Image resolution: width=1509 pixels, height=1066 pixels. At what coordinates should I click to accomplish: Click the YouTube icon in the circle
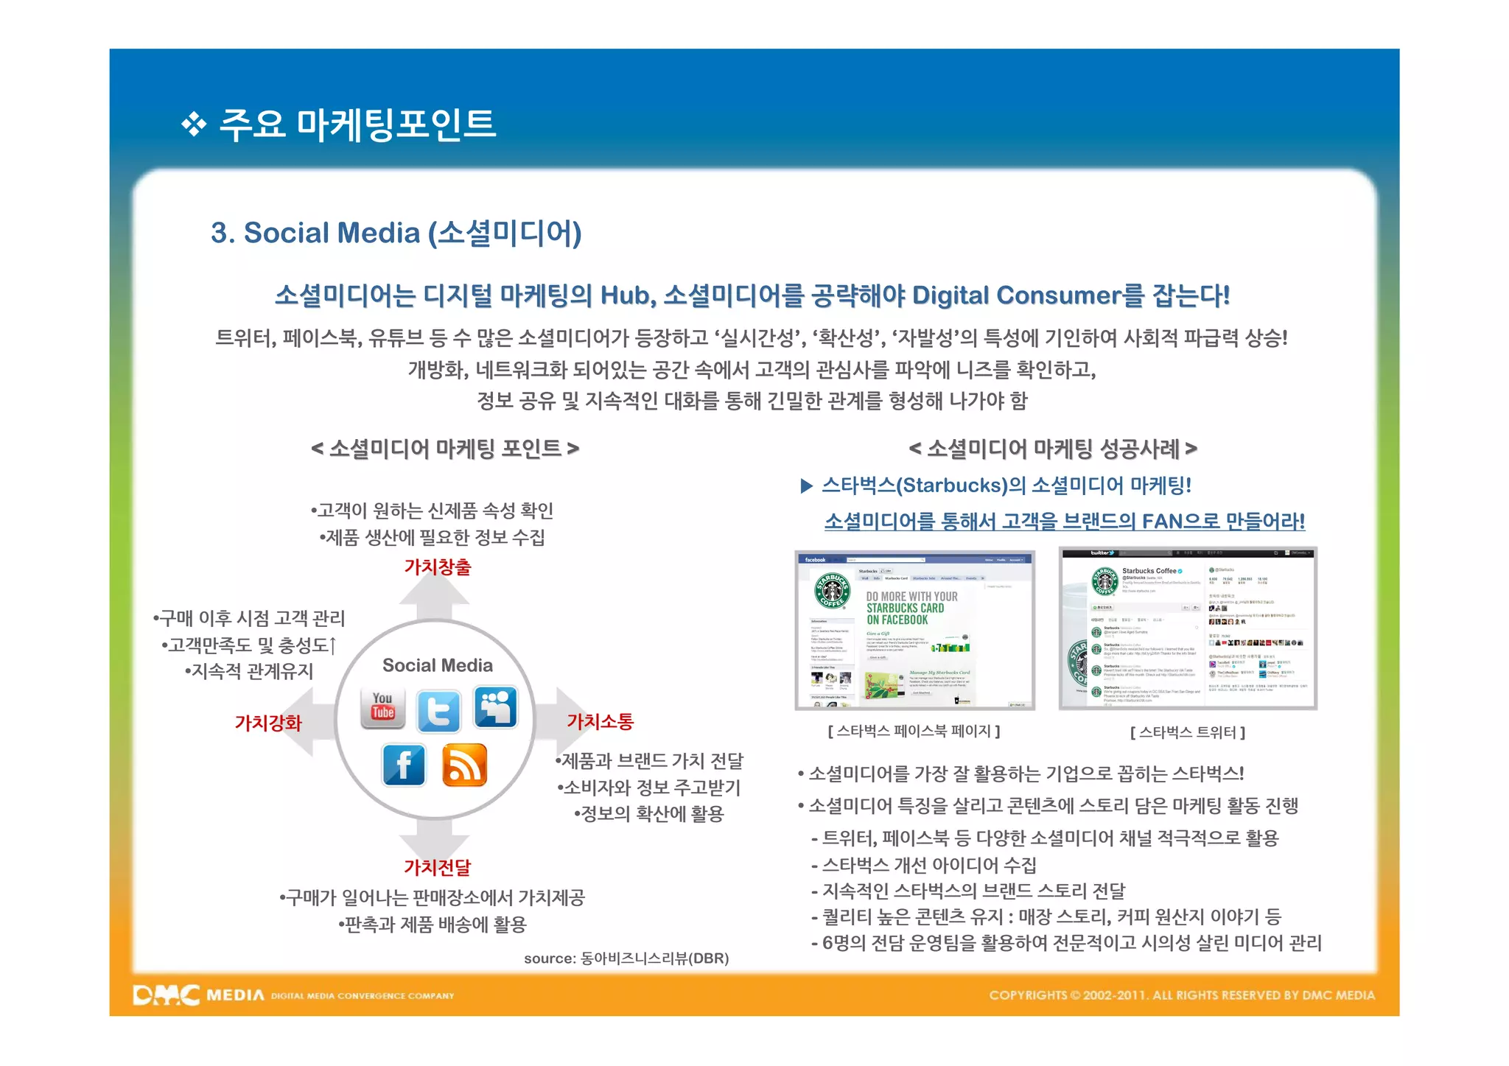click(382, 708)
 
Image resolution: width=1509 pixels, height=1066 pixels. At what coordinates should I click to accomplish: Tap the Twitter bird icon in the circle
click(438, 711)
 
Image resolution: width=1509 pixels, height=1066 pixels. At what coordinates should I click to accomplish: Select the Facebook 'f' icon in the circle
click(404, 765)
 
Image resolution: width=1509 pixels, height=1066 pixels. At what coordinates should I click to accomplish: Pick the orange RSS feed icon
click(464, 765)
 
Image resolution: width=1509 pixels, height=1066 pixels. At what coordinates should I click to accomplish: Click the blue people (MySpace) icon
click(495, 707)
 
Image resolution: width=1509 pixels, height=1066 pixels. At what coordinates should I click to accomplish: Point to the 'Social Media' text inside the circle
click(437, 665)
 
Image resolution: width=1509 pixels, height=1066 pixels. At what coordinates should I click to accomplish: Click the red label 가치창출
click(437, 567)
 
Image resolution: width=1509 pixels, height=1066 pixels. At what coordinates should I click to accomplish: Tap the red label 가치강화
click(268, 723)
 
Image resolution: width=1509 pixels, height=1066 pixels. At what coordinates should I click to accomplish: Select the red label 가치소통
click(600, 721)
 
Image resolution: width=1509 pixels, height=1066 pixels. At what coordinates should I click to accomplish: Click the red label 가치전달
click(437, 867)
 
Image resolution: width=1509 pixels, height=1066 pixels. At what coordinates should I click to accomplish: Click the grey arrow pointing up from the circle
click(435, 597)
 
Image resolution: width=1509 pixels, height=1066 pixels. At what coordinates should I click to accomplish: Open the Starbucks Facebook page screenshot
click(914, 631)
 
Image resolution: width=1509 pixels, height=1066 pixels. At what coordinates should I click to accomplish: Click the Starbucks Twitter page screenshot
click(1187, 628)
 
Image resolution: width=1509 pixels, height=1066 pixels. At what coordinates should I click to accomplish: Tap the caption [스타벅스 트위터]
click(1187, 732)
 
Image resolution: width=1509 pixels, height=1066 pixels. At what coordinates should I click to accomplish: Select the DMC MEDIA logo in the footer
click(198, 995)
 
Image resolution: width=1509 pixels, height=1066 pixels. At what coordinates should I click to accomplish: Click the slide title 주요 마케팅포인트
click(357, 124)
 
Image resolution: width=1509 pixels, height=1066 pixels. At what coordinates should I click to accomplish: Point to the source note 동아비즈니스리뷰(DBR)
click(626, 958)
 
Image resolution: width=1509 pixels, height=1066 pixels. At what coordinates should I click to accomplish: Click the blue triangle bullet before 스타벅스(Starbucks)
click(806, 485)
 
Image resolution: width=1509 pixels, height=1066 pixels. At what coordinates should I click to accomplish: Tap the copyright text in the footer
click(1181, 995)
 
